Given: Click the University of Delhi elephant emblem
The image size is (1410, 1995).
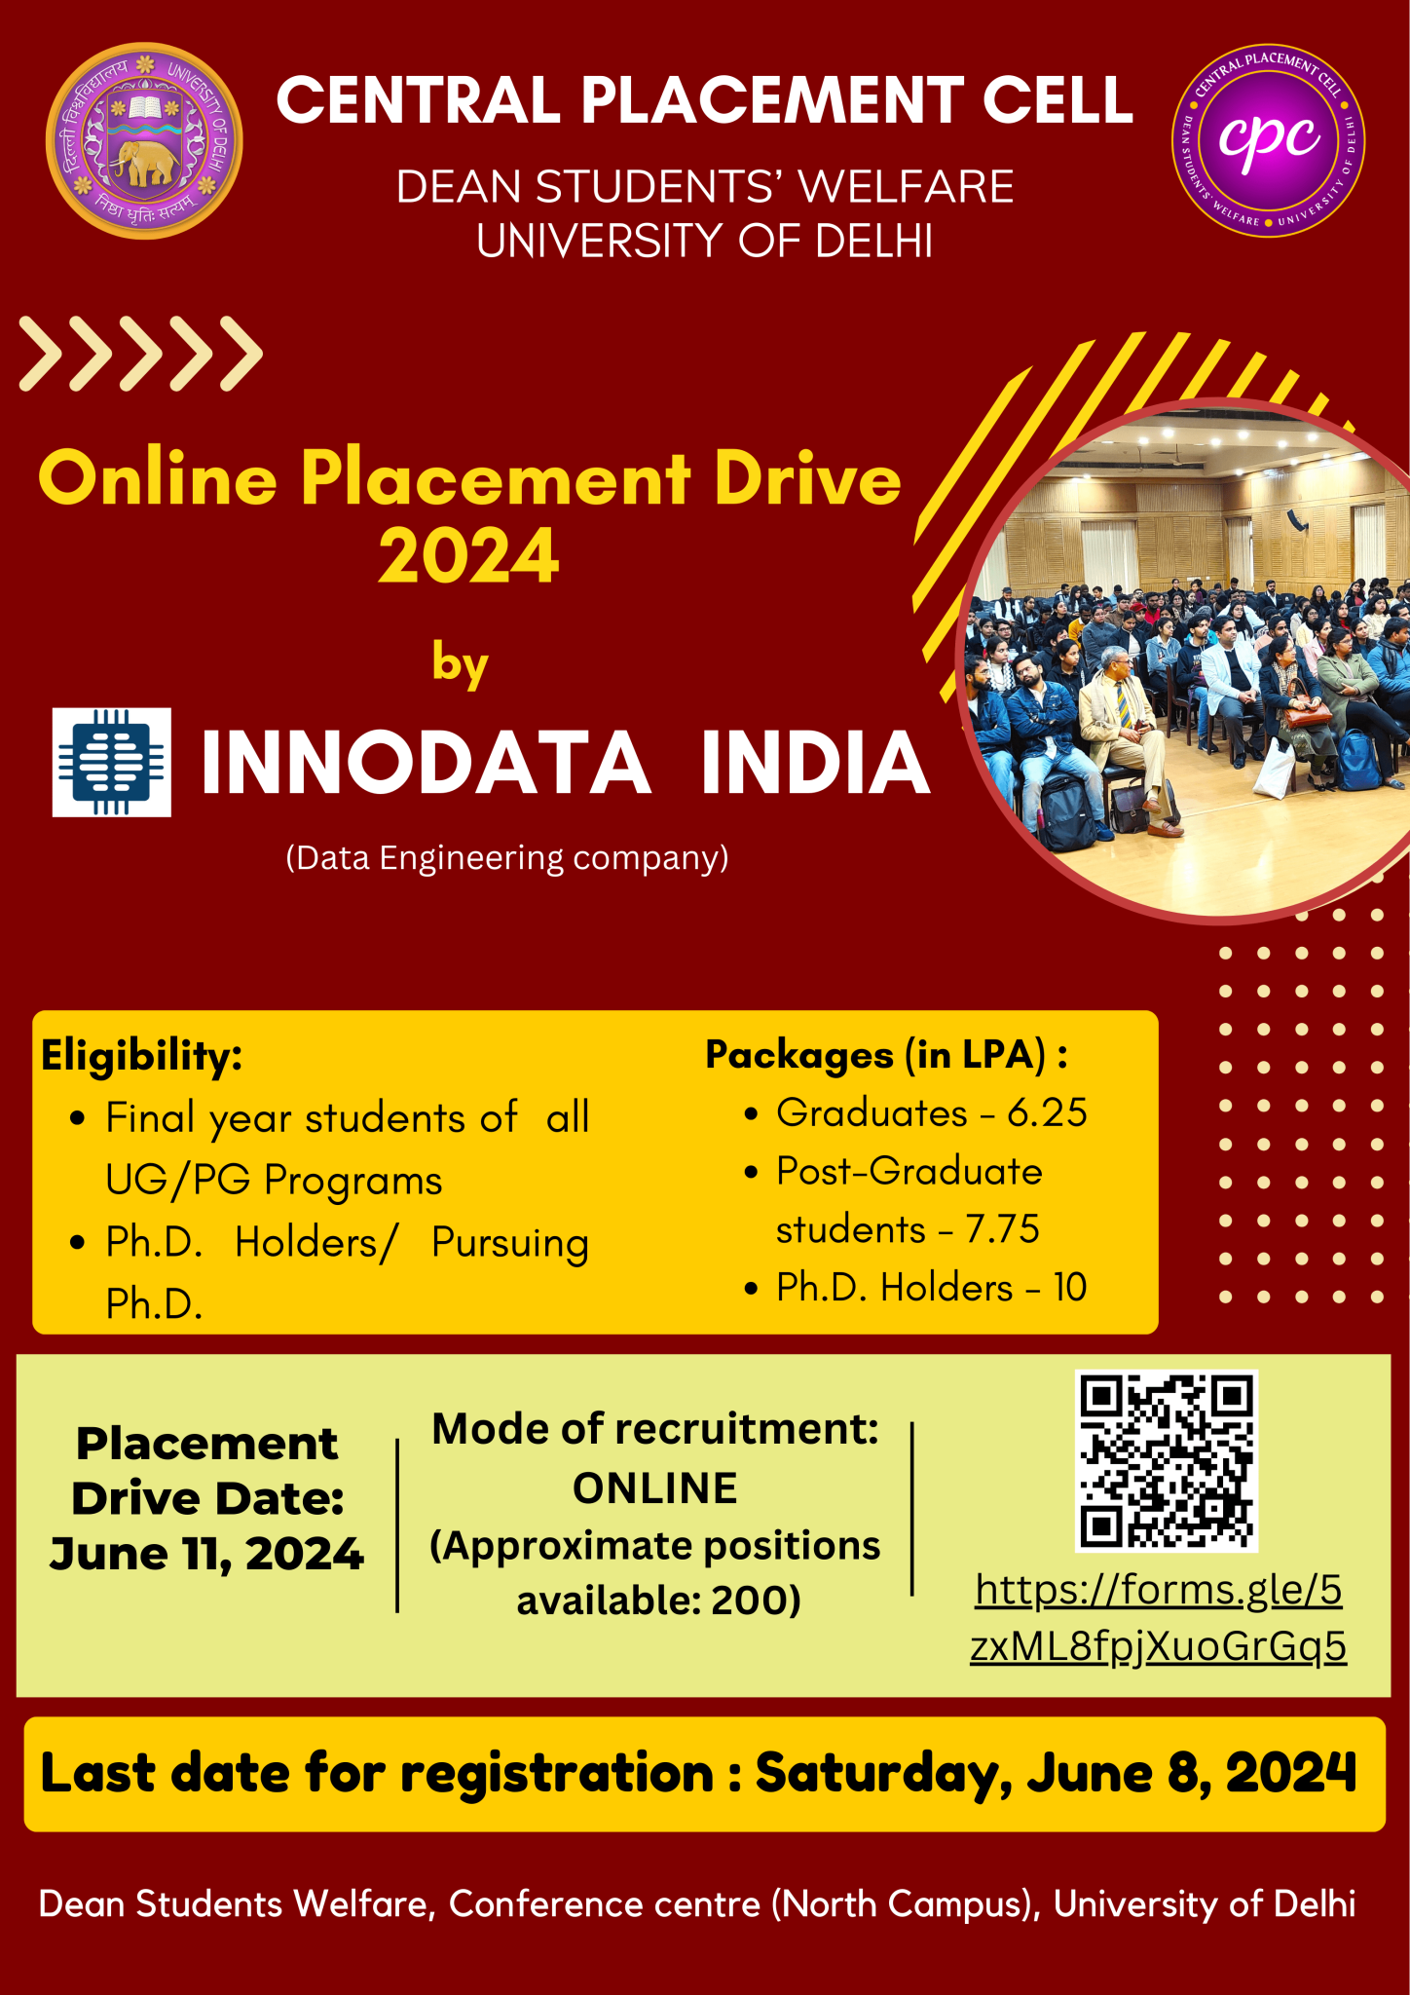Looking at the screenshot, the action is click(144, 141).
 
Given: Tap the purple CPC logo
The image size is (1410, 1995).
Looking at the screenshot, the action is click(1268, 141).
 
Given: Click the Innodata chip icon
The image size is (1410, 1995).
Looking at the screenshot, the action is click(111, 762).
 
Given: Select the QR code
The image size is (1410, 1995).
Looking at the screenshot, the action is click(1167, 1460).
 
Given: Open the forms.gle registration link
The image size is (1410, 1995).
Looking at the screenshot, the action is click(1159, 1618).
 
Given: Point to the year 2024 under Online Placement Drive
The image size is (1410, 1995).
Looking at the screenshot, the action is click(468, 556).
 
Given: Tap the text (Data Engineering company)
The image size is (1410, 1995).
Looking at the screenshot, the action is click(507, 858).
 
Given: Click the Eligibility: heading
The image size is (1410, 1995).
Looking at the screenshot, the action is click(142, 1055).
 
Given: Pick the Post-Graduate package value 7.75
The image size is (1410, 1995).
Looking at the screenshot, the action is click(1002, 1229).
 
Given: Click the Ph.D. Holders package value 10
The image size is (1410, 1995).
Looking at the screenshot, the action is click(1070, 1288).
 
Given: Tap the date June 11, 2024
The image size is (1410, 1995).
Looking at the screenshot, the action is click(206, 1555).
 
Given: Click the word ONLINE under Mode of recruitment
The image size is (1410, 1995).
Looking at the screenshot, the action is click(655, 1488).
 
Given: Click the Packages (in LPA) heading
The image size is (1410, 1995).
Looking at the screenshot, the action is click(886, 1055).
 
